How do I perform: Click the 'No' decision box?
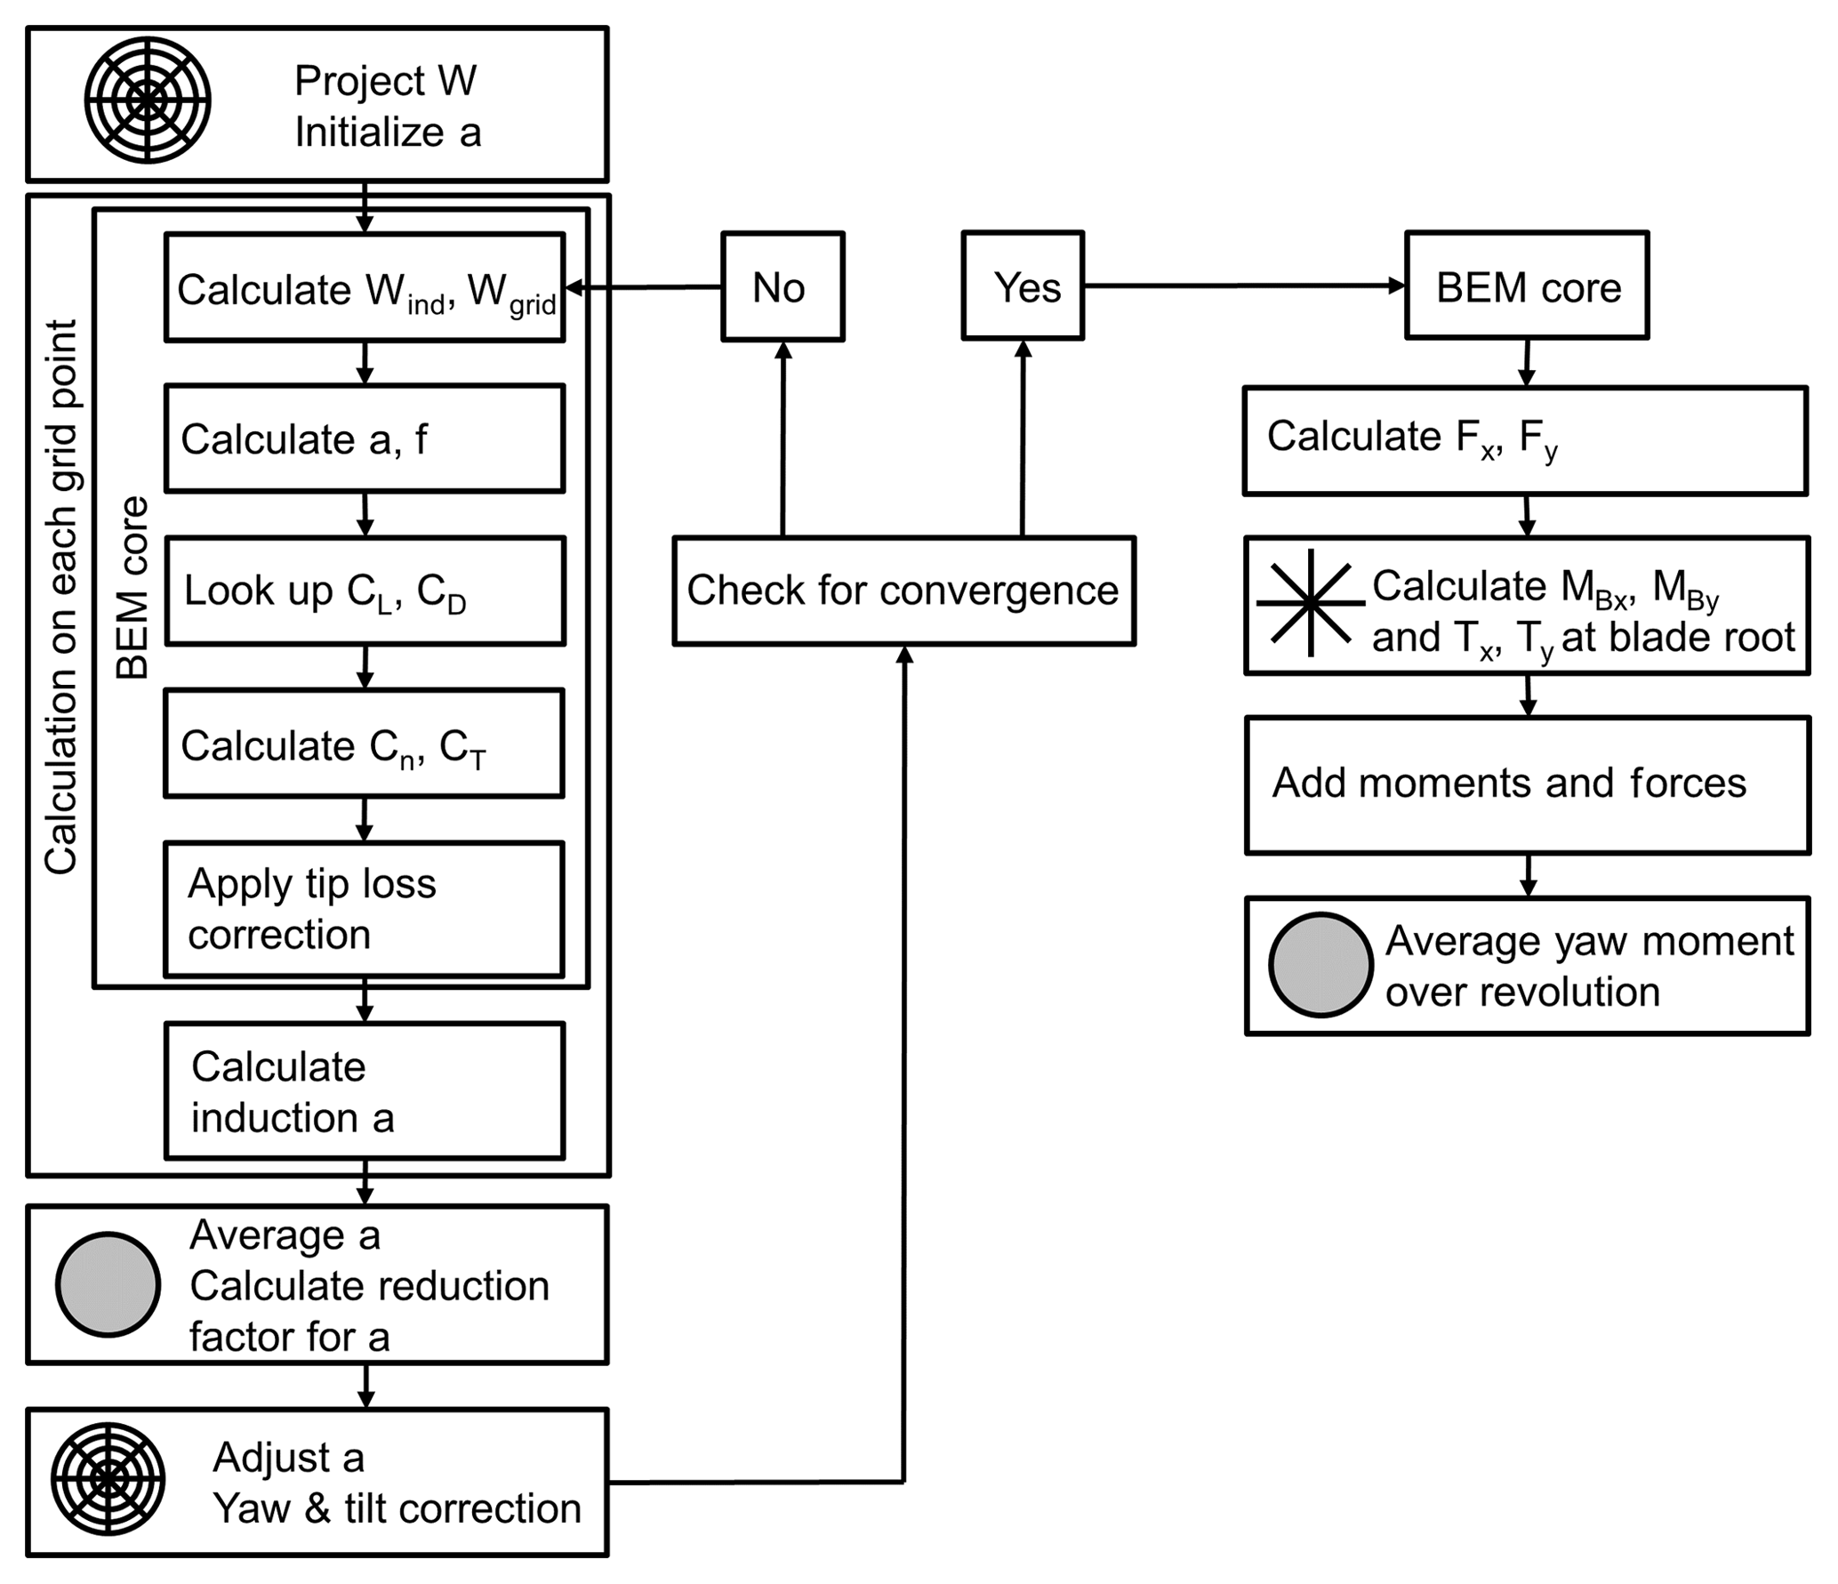(783, 286)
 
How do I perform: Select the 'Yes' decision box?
(1023, 286)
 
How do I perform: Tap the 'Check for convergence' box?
(903, 591)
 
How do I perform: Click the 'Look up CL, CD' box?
(365, 591)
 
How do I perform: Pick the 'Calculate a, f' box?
(365, 438)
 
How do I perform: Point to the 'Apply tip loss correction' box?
(365, 909)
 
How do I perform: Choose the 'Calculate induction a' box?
(365, 1090)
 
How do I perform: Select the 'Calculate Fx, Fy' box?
(1525, 440)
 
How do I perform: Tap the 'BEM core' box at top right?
(1527, 286)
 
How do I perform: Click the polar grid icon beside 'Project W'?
(148, 101)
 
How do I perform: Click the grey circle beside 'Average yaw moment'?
(1320, 964)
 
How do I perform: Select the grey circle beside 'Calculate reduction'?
(108, 1283)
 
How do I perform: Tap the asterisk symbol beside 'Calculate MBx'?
(1310, 603)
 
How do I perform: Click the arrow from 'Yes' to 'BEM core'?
(1245, 285)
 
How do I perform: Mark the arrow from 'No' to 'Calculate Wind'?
(644, 287)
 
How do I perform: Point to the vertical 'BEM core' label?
(132, 587)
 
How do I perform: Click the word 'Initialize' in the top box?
(369, 133)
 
